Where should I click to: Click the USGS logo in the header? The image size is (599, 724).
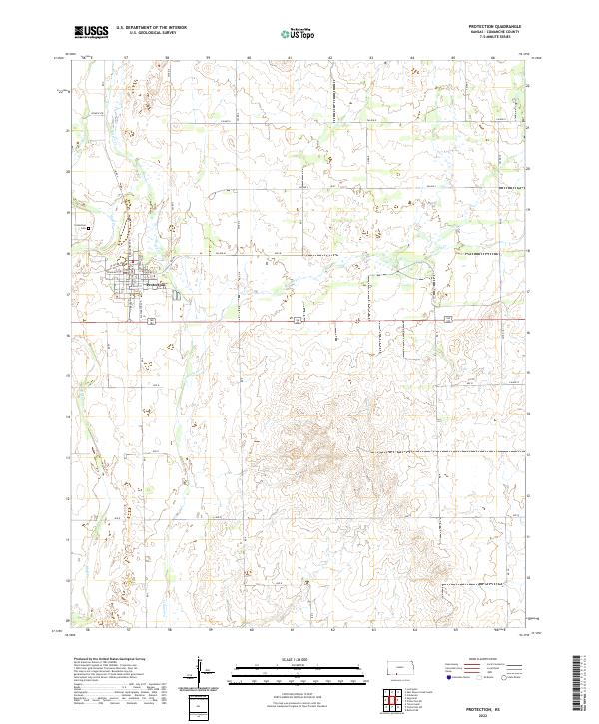tap(91, 33)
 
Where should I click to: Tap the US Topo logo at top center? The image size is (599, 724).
tap(299, 33)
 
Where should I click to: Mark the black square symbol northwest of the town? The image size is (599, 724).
tap(89, 228)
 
